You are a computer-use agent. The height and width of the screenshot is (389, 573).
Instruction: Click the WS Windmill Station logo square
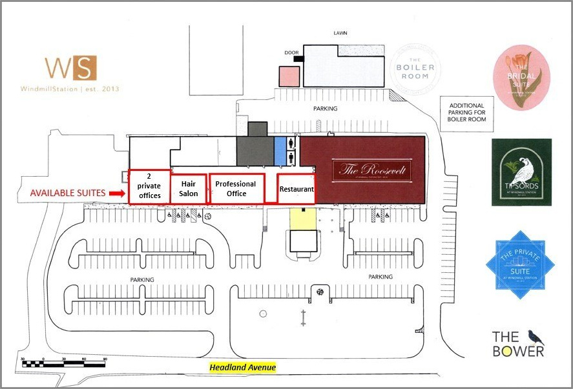(x=70, y=67)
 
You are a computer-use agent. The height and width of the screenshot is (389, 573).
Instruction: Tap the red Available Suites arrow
(x=117, y=192)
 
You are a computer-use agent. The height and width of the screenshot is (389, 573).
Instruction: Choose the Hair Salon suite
(x=188, y=188)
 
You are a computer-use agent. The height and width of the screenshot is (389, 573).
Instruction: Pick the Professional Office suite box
(x=236, y=188)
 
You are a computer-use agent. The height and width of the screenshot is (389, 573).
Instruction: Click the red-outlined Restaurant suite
(x=296, y=189)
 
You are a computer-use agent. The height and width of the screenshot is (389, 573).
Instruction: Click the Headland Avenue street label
(x=242, y=368)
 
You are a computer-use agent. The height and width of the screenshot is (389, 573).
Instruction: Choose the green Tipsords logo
(x=521, y=172)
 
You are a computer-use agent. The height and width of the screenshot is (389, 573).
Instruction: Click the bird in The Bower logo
(x=536, y=337)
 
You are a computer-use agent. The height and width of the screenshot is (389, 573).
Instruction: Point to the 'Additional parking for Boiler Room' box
(x=466, y=114)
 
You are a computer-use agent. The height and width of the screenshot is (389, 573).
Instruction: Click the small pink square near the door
(x=289, y=76)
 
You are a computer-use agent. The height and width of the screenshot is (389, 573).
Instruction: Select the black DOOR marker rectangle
(x=298, y=59)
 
